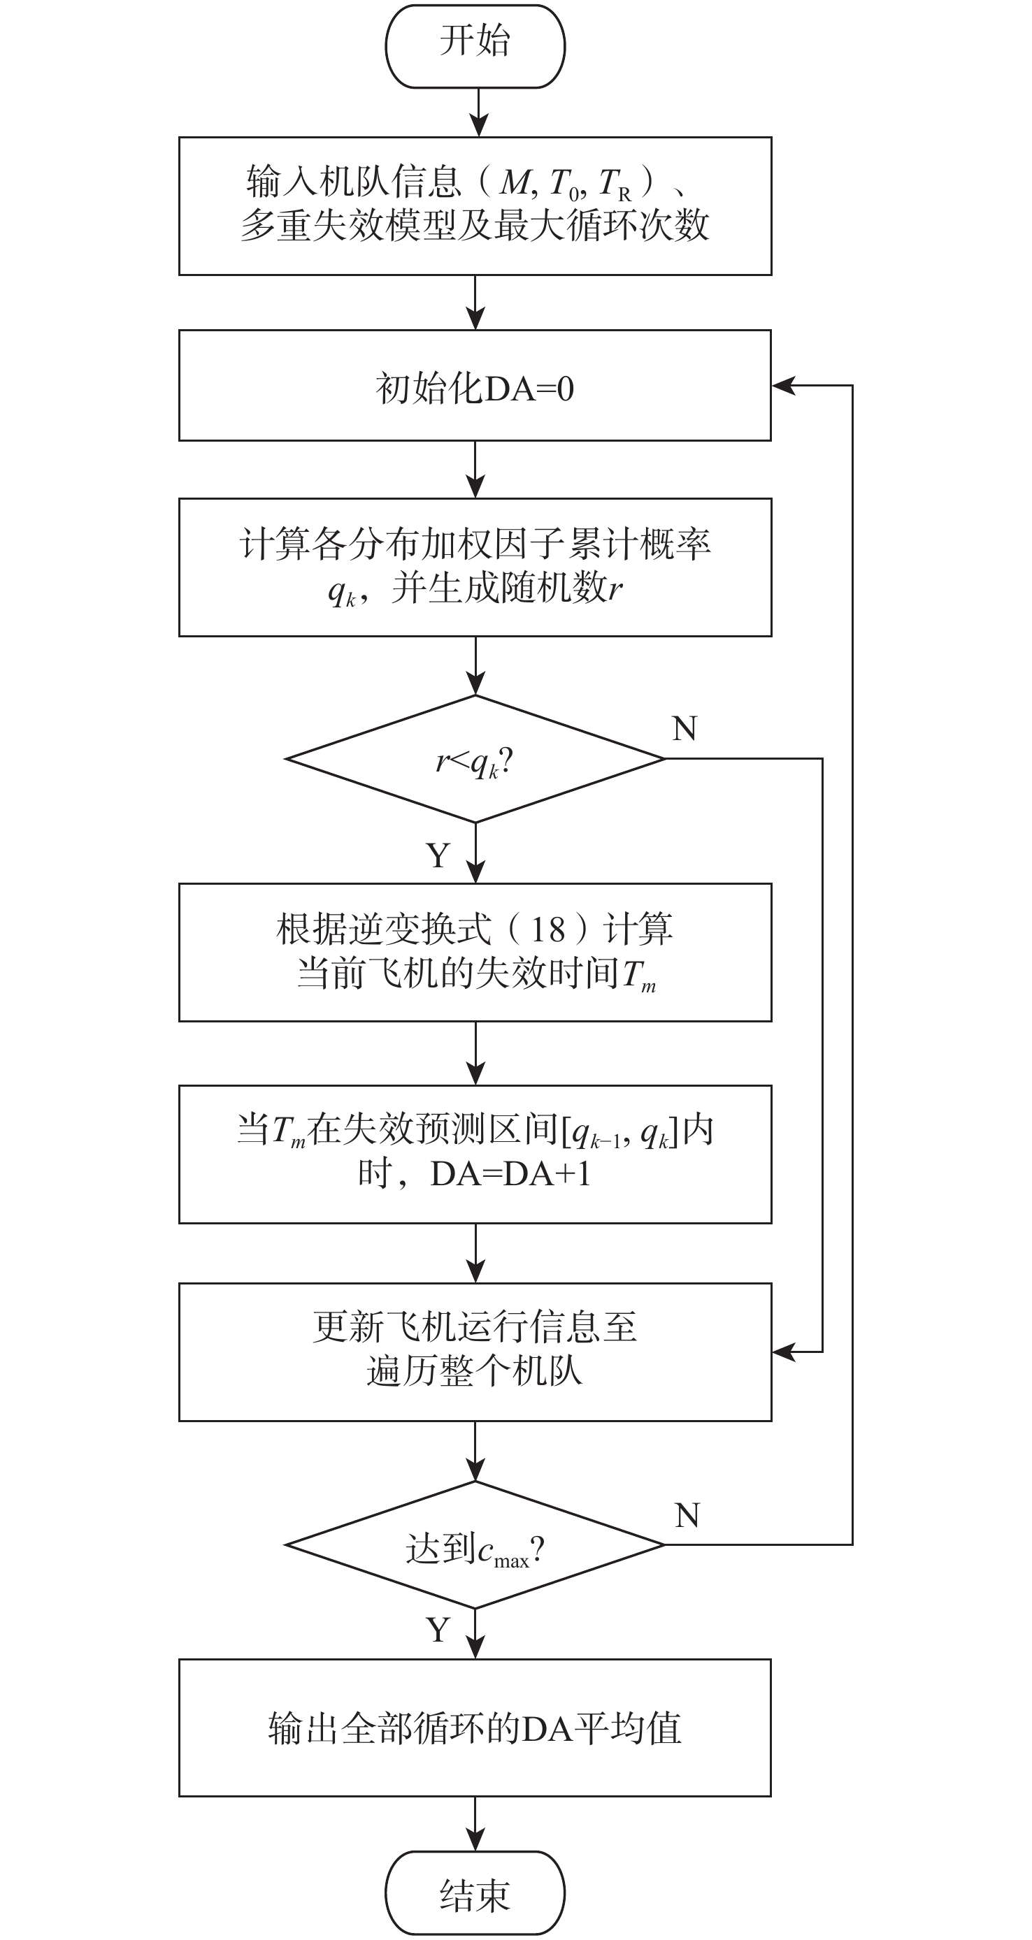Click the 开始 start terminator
pos(475,45)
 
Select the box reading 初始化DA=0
pos(475,386)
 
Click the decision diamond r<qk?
pos(475,759)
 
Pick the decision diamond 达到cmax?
pos(475,1544)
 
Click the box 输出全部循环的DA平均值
pos(475,1728)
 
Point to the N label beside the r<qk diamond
pos(684,728)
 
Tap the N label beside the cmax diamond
pos(687,1514)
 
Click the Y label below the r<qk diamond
pos(438,855)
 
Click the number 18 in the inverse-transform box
pos(547,930)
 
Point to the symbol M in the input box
pos(516,182)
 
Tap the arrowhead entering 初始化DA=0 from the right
pos(782,386)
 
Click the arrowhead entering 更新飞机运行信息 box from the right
pos(782,1352)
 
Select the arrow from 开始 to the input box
pos(478,113)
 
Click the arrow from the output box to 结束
pos(475,1823)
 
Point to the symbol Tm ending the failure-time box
pos(637,976)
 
